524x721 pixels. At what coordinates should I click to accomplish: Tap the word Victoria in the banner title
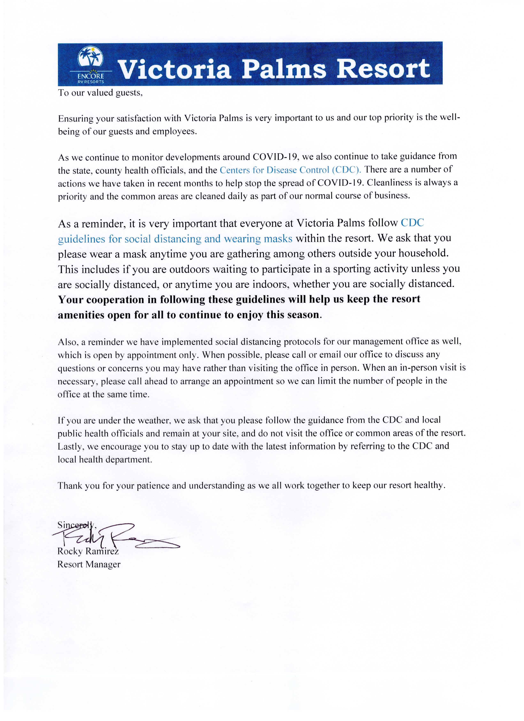point(174,69)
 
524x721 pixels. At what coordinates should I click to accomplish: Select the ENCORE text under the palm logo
point(91,77)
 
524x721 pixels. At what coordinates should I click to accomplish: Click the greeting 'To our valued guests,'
point(100,93)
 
